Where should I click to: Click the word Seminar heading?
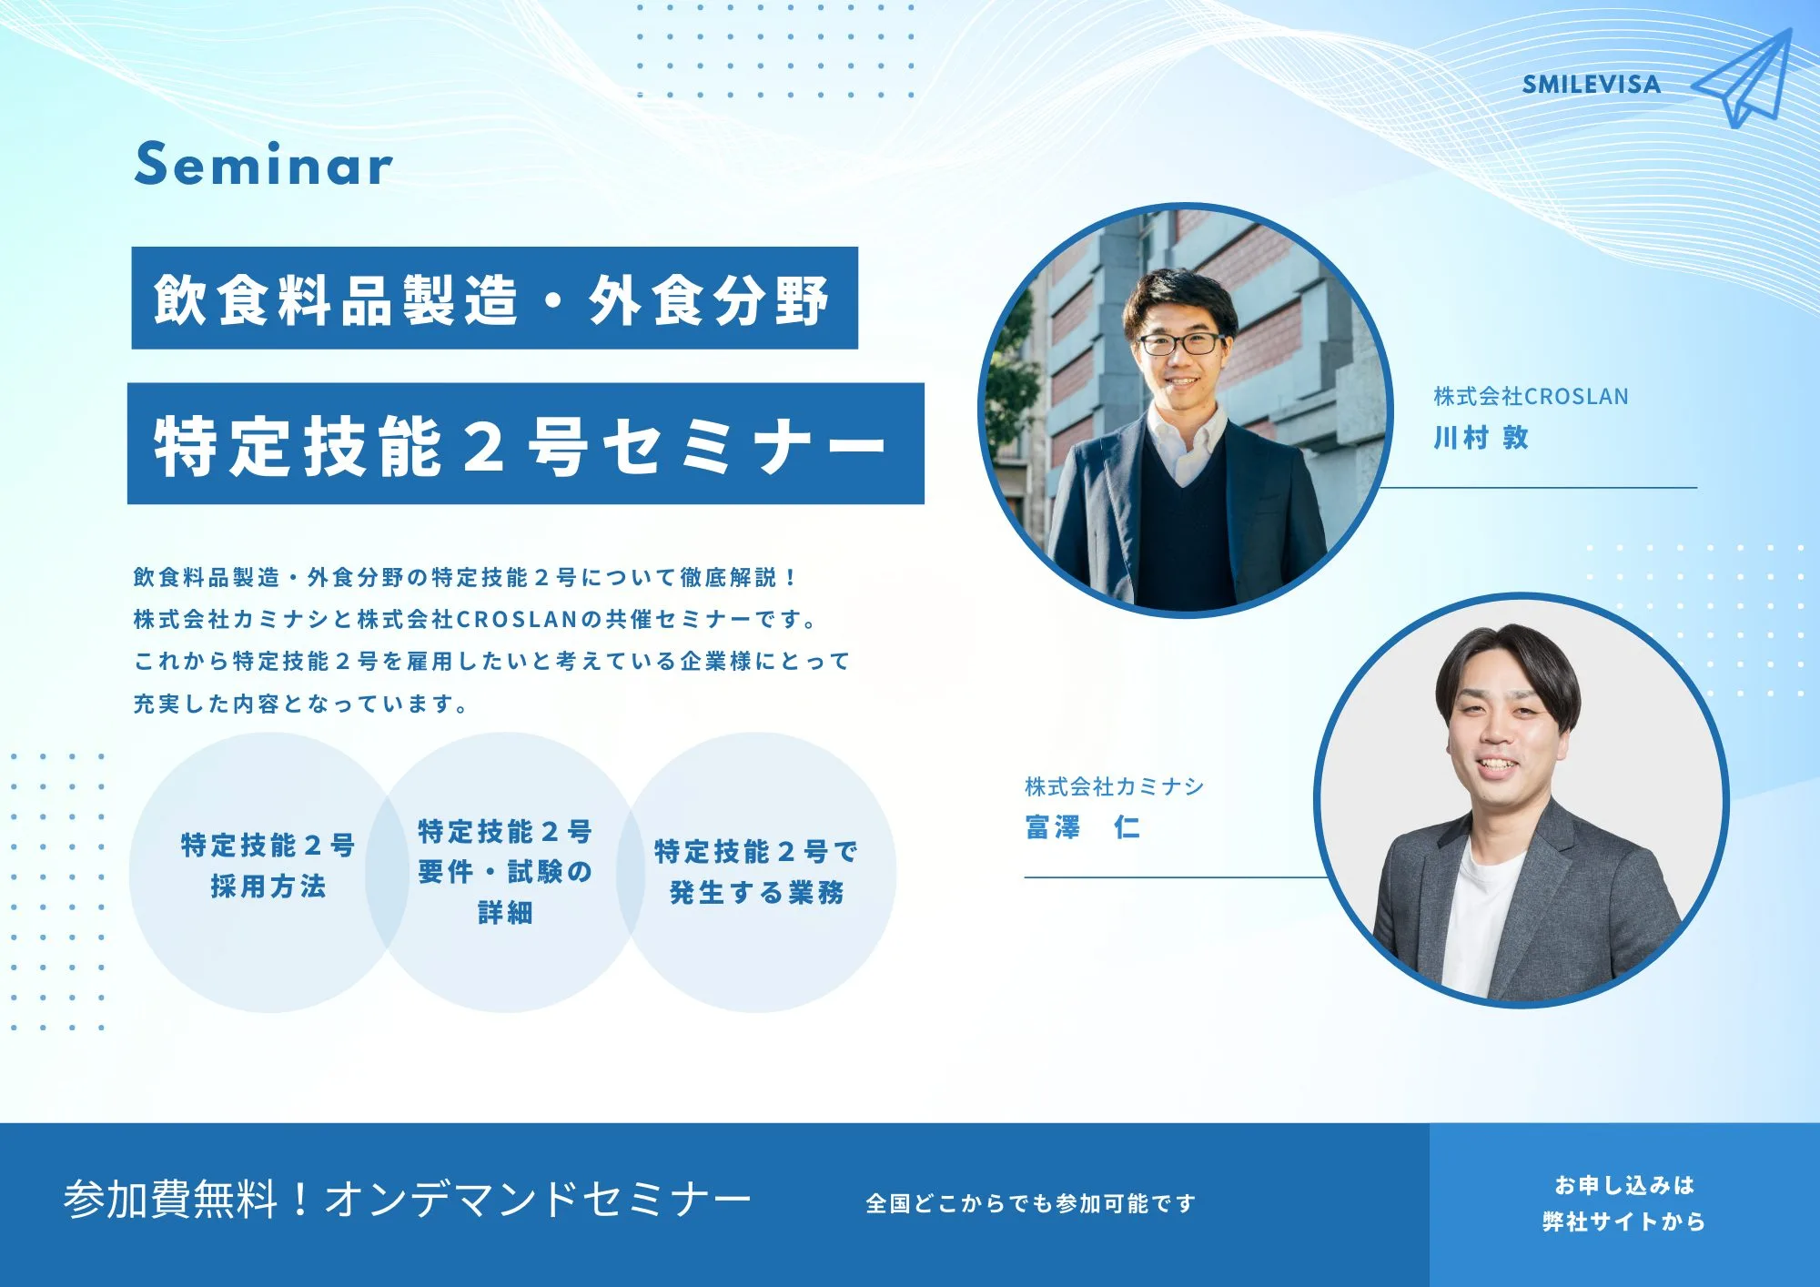264,165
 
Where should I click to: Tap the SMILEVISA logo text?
1592,85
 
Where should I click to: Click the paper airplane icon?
1743,79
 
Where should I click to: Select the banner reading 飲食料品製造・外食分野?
494,298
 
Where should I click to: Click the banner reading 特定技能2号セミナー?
525,443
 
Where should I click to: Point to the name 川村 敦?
1481,438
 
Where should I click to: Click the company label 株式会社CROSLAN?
1531,396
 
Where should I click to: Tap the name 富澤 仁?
1082,826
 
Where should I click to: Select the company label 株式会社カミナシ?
1114,785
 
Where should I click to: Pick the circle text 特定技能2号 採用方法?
268,866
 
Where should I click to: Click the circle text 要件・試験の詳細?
505,892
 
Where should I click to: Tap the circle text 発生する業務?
756,893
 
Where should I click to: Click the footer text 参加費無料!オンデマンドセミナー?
408,1199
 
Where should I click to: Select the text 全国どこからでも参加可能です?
1030,1203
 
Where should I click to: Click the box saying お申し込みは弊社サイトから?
1624,1204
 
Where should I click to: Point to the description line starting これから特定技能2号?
491,661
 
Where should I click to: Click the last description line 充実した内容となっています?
300,704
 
